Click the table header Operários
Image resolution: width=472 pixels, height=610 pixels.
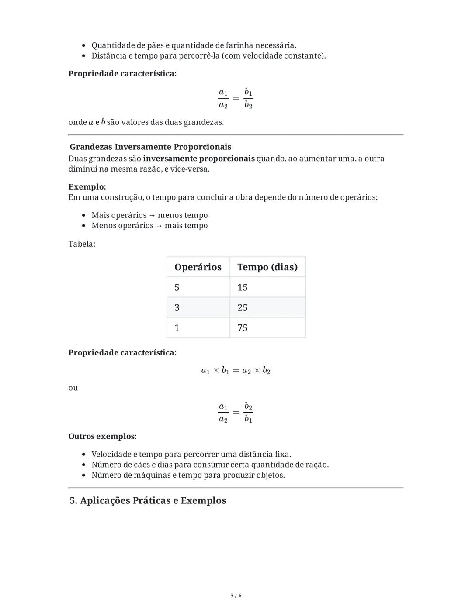[x=198, y=267]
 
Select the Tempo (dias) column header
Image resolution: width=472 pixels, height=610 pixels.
[x=267, y=267]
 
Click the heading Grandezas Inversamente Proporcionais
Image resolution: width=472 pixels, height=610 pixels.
[x=150, y=147]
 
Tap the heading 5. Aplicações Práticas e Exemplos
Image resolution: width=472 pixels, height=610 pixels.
[x=148, y=500]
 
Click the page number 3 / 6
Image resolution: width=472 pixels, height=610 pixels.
[x=236, y=596]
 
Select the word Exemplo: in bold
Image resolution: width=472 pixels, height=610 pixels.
[x=87, y=187]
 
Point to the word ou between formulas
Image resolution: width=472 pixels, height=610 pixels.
[x=73, y=388]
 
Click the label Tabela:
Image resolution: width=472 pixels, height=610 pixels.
[x=82, y=244]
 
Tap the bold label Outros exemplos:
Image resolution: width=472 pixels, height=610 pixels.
[x=102, y=436]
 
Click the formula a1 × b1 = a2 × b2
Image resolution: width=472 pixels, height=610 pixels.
[x=236, y=371]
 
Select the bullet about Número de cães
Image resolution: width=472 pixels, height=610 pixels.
[x=210, y=465]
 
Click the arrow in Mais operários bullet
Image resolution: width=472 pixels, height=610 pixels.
[x=152, y=215]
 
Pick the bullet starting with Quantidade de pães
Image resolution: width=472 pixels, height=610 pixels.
[x=194, y=45]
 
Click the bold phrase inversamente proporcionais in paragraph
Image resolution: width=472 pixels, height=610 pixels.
[x=198, y=159]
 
